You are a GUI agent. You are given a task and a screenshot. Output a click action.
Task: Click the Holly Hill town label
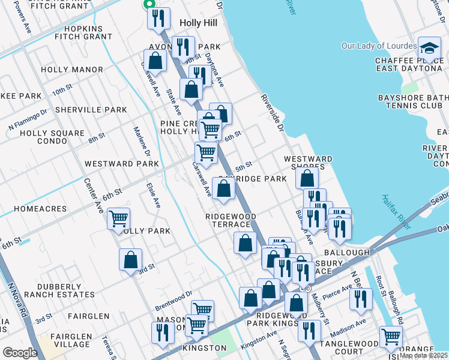(x=198, y=23)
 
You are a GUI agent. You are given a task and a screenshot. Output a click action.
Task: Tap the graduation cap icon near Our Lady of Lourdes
(x=429, y=49)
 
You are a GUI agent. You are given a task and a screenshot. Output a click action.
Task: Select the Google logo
(x=20, y=352)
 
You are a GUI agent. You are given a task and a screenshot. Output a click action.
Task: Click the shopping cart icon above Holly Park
(x=119, y=218)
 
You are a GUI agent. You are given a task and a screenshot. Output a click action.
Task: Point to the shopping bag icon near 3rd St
(x=130, y=260)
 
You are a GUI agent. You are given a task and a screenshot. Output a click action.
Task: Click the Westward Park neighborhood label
(x=122, y=163)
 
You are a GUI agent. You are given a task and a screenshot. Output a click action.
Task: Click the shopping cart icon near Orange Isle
(x=391, y=337)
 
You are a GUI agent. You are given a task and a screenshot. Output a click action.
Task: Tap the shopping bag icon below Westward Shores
(x=307, y=178)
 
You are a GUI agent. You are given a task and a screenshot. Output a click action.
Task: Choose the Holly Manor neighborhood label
(x=72, y=70)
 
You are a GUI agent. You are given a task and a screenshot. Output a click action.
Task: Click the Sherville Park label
(x=91, y=110)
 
